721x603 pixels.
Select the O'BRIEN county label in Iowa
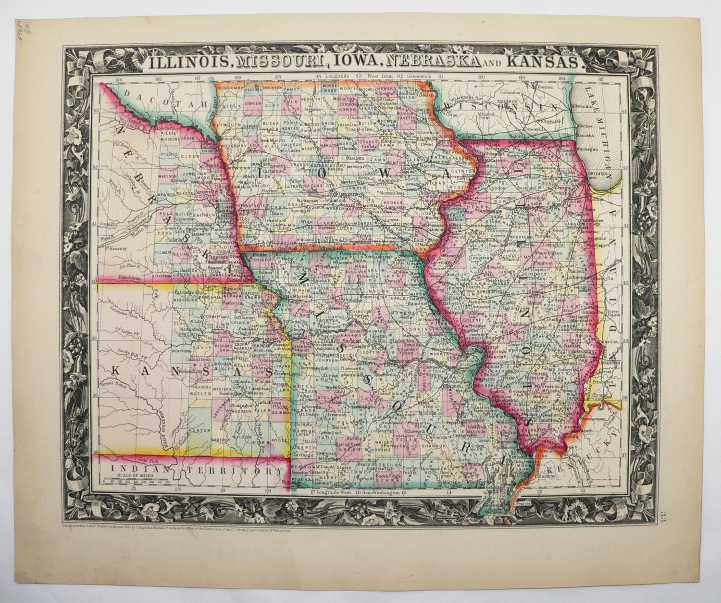pos(252,103)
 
